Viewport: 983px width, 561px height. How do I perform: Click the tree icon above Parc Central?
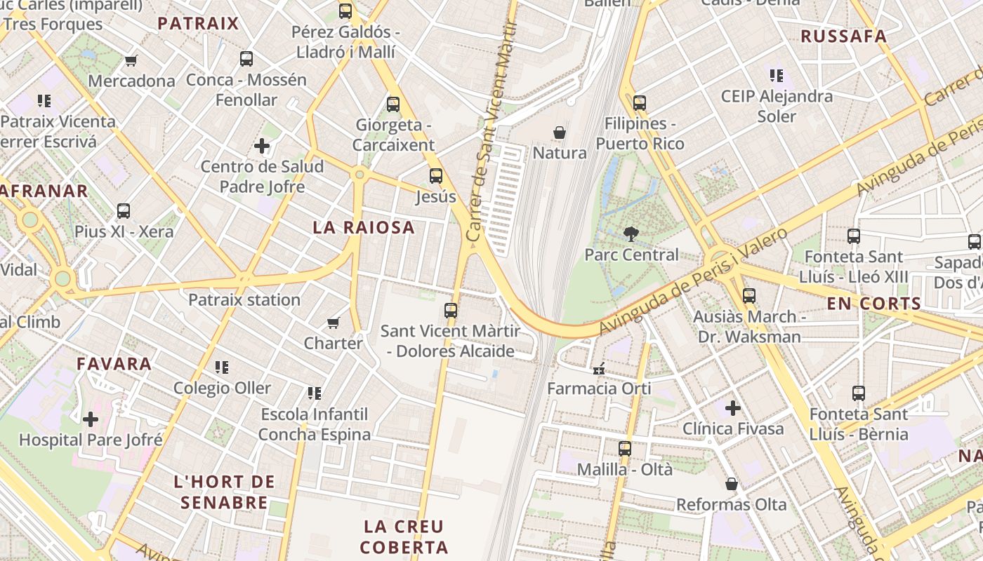coord(631,234)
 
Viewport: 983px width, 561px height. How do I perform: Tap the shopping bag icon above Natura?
coord(560,133)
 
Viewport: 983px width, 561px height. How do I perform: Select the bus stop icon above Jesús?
coord(436,176)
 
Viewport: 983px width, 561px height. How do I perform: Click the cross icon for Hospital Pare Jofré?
coord(91,419)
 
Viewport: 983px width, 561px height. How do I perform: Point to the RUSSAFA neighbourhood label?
coord(843,36)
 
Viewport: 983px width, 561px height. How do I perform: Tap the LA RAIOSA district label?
coord(364,227)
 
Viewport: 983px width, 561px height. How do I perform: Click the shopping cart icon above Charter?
coord(334,323)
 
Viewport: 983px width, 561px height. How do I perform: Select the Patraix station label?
coord(244,300)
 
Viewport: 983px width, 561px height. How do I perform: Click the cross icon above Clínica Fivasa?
coord(733,407)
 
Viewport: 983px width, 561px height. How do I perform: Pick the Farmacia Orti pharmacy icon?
coord(599,368)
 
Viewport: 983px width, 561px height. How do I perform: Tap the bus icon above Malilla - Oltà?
coord(624,449)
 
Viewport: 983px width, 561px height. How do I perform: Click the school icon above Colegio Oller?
coord(222,367)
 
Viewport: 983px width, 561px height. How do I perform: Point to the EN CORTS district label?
coord(873,304)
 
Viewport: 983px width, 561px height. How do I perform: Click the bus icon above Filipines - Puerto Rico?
coord(639,103)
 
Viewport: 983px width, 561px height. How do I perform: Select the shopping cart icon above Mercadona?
coord(131,60)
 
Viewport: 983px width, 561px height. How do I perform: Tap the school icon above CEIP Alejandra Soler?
coord(776,75)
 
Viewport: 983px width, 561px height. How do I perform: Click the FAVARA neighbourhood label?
coord(114,363)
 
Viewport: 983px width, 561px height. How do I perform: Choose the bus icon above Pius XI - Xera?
coord(124,211)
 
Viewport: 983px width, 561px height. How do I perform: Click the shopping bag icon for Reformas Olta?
coord(732,484)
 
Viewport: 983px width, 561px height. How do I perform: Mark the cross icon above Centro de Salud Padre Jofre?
coord(262,146)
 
